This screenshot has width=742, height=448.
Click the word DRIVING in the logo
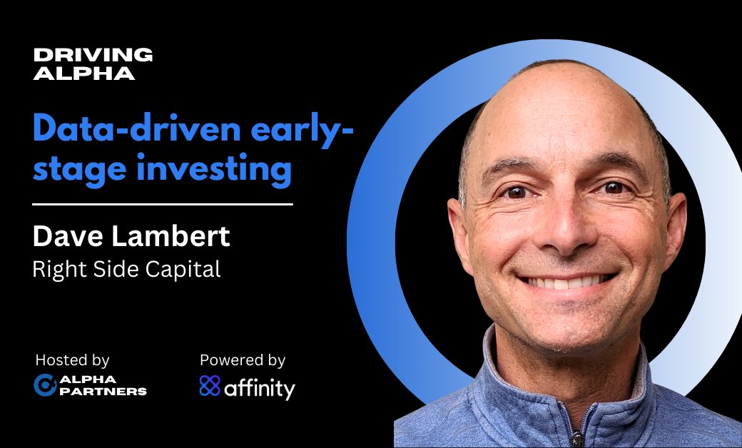(93, 55)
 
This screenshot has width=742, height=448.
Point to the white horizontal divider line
(163, 205)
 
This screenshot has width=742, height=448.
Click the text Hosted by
(72, 360)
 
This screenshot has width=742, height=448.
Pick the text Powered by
(243, 360)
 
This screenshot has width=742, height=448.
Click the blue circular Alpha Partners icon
(45, 385)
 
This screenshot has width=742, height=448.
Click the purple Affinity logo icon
(210, 386)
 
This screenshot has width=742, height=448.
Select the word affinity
(260, 388)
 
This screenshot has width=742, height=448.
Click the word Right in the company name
(54, 270)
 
